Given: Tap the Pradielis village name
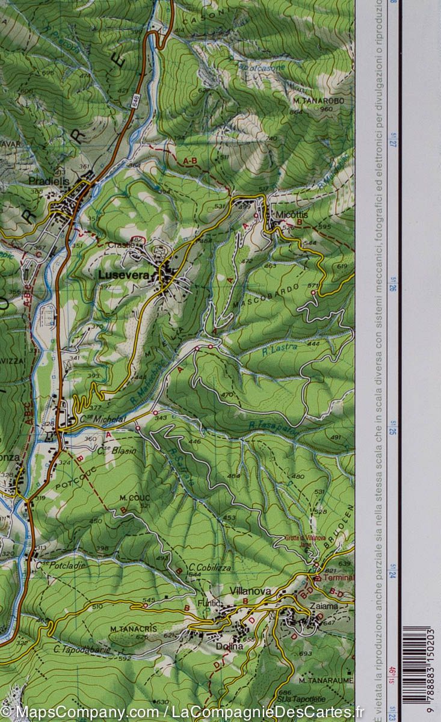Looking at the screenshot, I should pyautogui.click(x=49, y=180).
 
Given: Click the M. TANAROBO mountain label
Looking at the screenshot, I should pyautogui.click(x=319, y=100).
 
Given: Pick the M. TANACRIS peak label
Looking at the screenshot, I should pyautogui.click(x=133, y=629).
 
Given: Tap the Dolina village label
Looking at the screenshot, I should pyautogui.click(x=230, y=646).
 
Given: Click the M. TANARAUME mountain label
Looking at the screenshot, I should pyautogui.click(x=324, y=680).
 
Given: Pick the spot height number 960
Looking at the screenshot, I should pyautogui.click(x=326, y=110).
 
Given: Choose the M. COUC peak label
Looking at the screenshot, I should pyautogui.click(x=134, y=498).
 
